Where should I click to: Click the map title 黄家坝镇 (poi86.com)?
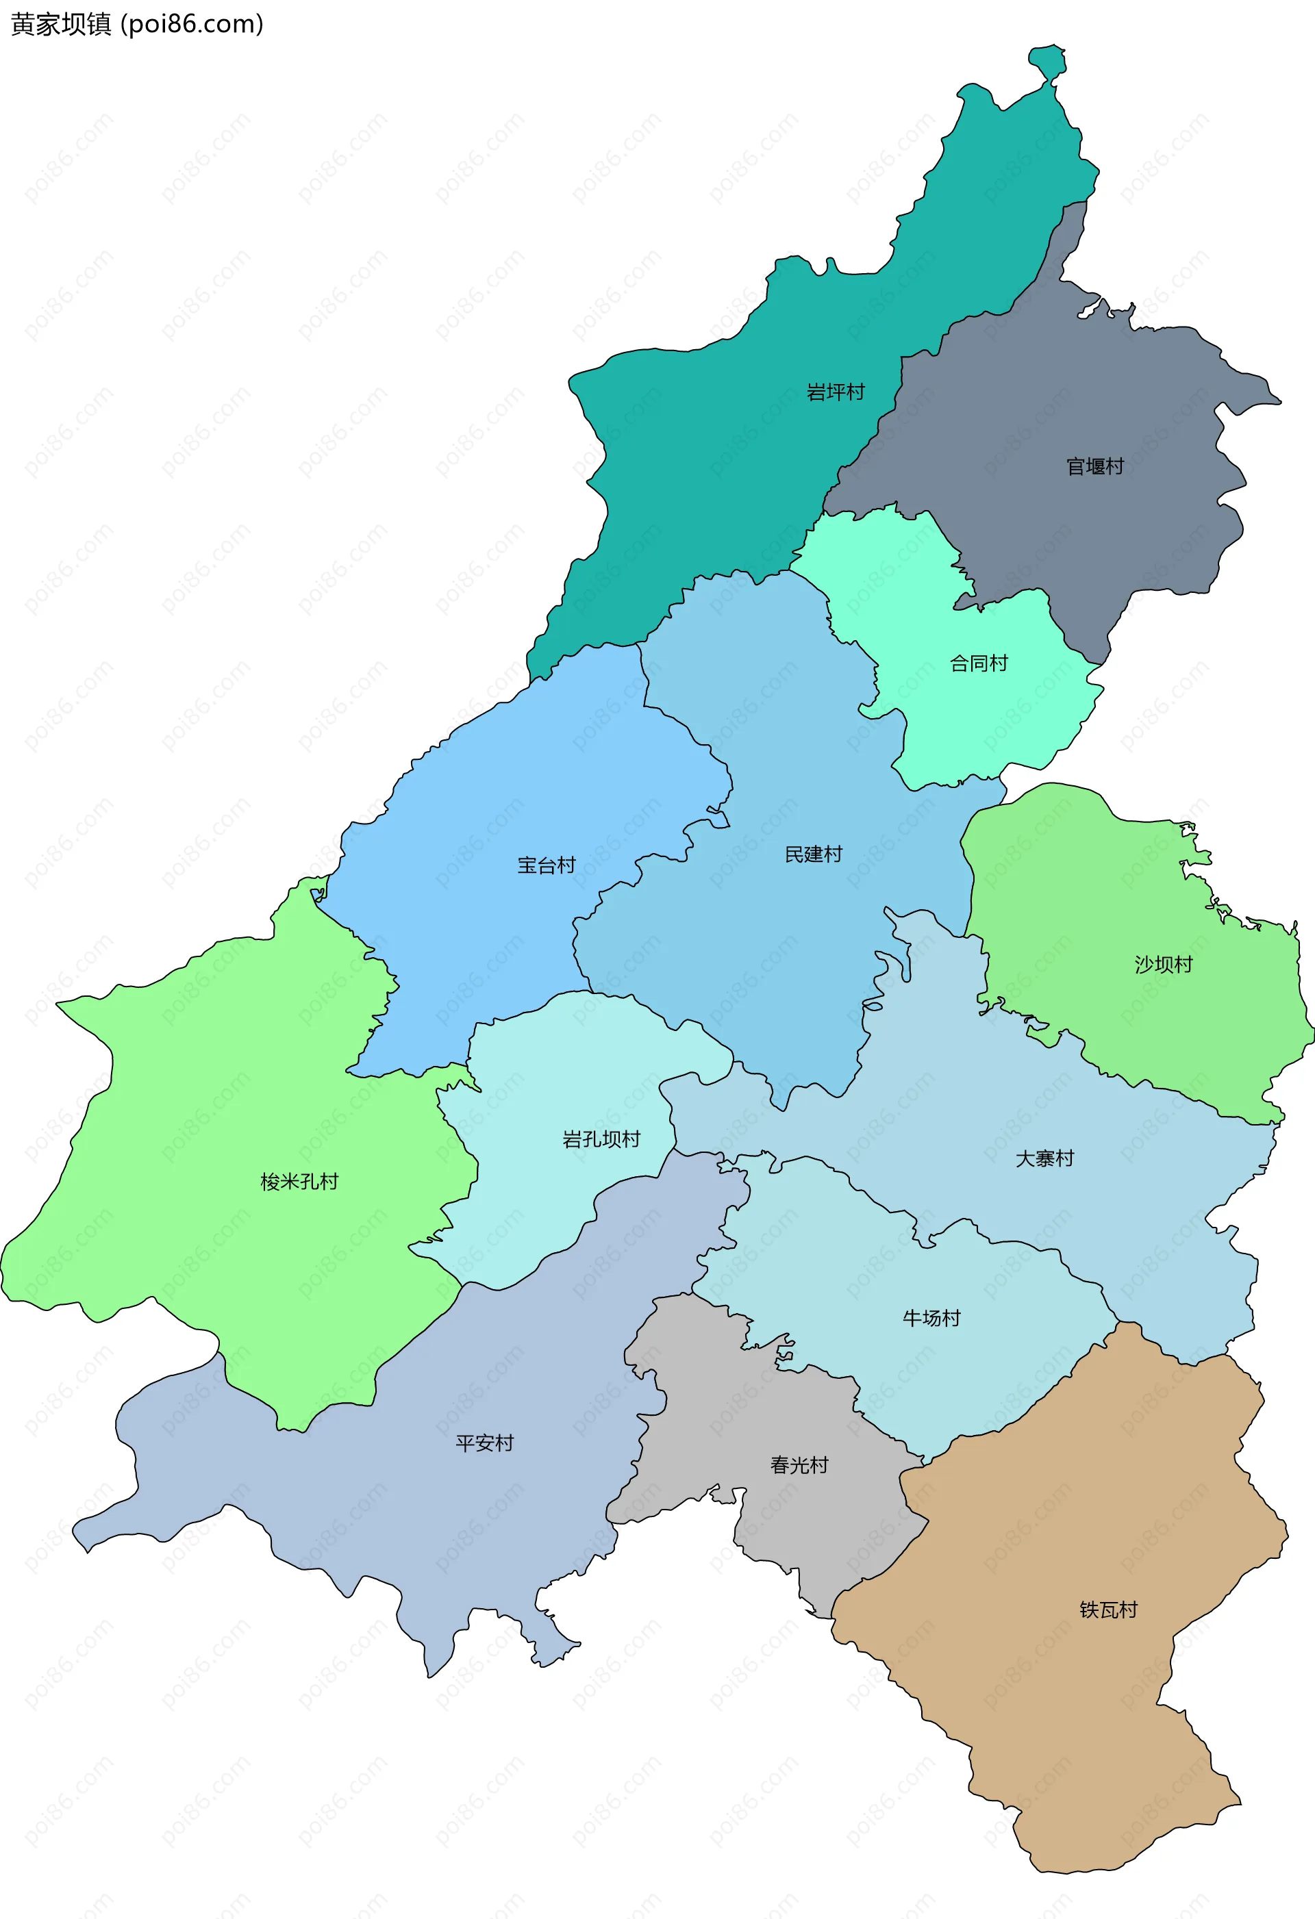point(137,24)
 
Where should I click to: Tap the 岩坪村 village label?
point(835,392)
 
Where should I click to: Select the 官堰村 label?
point(1094,466)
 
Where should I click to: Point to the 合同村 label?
point(978,663)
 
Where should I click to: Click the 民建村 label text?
point(813,854)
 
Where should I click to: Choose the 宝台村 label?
point(546,865)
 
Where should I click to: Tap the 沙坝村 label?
point(1163,964)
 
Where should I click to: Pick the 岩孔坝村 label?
point(601,1139)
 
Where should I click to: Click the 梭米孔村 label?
point(299,1182)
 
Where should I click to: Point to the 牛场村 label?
point(931,1318)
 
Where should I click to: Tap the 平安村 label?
point(484,1443)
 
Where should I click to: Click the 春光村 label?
point(799,1465)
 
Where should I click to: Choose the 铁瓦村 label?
point(1107,1610)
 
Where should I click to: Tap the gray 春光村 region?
point(702,1403)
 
